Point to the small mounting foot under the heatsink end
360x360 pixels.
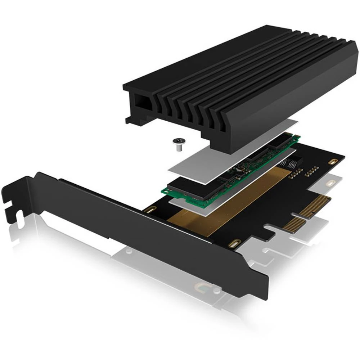point(129,120)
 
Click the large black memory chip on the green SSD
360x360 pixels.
point(187,189)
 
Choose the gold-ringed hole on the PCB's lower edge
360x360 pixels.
point(234,243)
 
